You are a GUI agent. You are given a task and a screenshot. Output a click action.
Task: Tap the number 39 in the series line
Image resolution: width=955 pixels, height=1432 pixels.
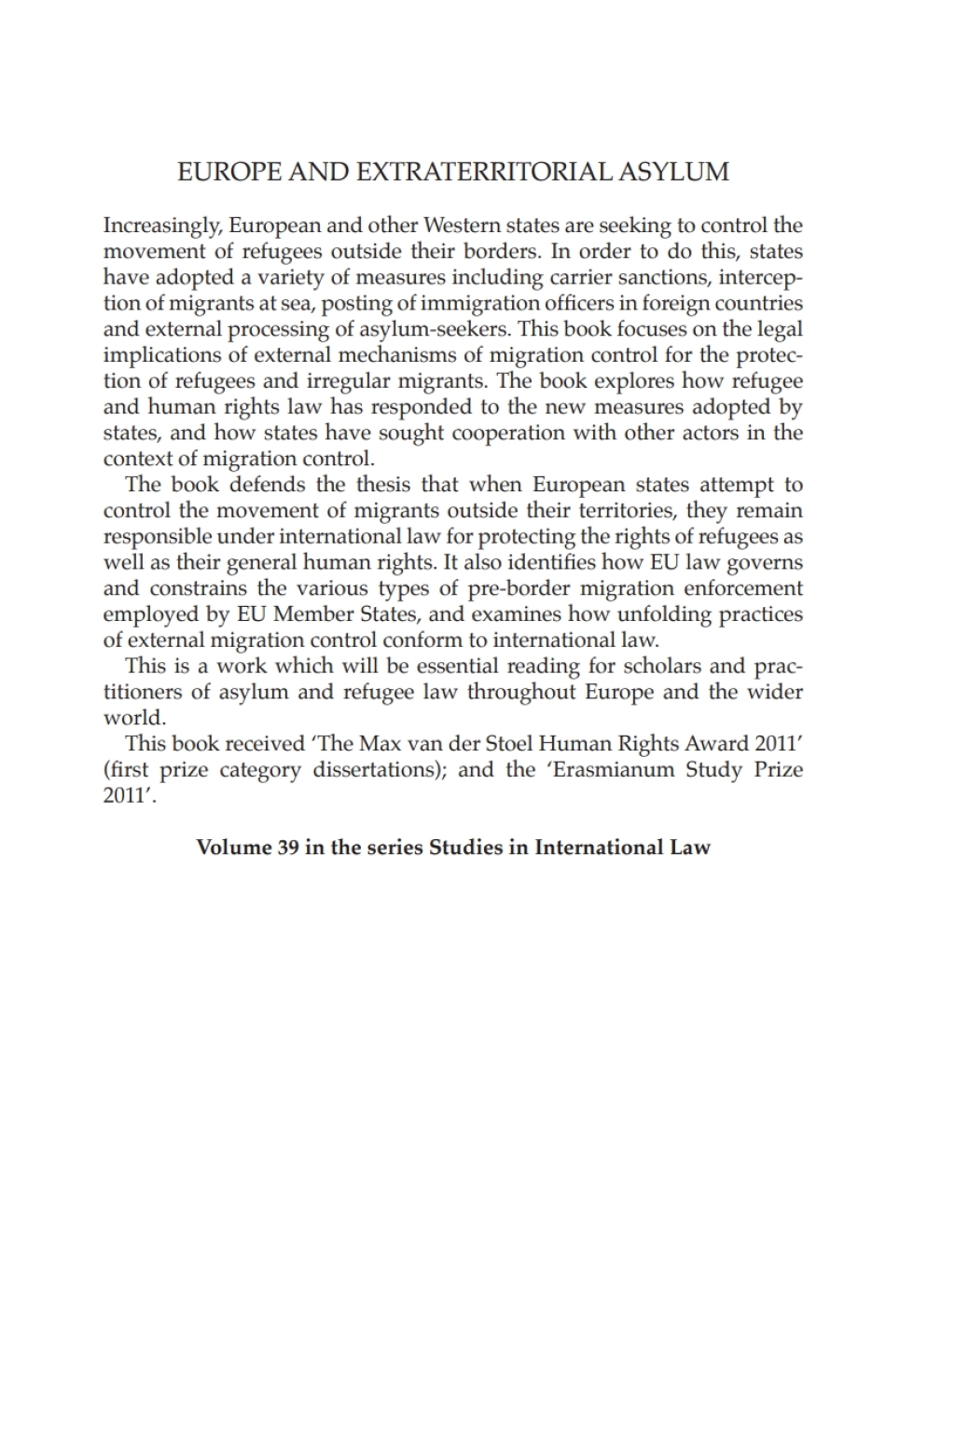point(287,847)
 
